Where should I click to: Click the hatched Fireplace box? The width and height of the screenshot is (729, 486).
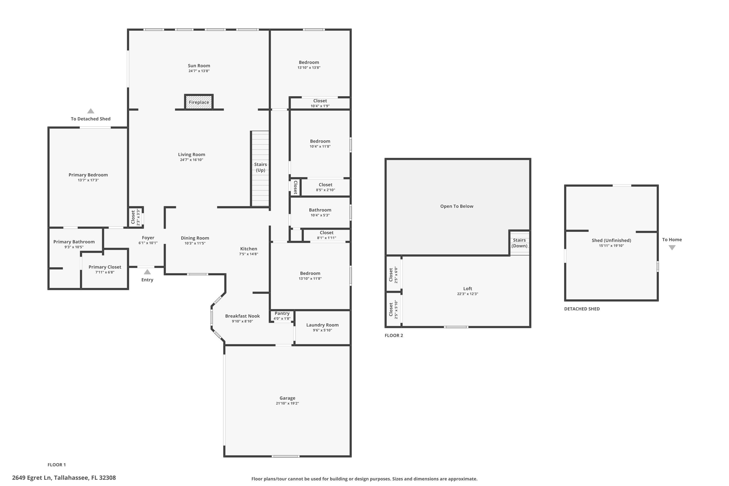(199, 102)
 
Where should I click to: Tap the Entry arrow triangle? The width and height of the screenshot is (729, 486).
(147, 272)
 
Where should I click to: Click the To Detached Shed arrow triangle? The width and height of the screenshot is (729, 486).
(90, 111)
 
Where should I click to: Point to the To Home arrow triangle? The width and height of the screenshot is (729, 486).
(672, 247)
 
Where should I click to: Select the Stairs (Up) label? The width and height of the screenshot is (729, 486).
(260, 167)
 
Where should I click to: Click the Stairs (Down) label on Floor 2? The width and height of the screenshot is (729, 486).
(519, 243)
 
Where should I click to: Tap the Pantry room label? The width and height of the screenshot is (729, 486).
(282, 313)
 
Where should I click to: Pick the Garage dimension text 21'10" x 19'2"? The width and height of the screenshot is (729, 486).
(287, 403)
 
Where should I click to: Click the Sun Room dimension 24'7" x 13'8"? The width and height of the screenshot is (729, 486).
(199, 71)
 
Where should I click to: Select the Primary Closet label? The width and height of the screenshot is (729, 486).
(105, 267)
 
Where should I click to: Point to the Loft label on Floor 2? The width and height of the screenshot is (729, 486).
(467, 289)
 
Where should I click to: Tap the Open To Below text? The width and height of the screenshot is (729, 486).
(457, 206)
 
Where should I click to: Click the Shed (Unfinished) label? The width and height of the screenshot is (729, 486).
(611, 240)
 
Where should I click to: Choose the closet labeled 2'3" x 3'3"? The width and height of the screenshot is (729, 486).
(135, 217)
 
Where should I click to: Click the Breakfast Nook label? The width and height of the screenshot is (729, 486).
(242, 316)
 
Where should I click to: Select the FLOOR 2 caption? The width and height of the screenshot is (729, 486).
(394, 335)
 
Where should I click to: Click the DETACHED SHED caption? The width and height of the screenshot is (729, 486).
(581, 309)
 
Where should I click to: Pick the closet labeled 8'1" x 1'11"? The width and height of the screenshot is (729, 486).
(326, 235)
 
